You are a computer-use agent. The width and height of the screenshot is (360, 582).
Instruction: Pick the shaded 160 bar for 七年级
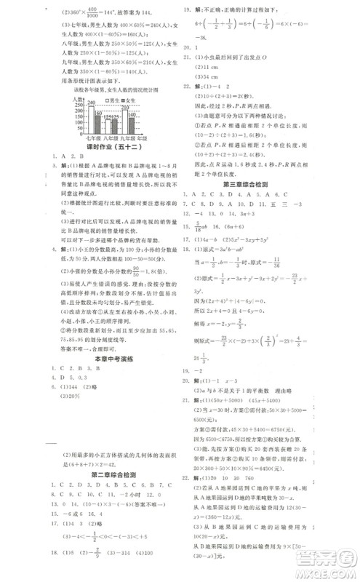point(99,121)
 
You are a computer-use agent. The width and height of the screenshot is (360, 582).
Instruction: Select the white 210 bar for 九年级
point(125,119)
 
